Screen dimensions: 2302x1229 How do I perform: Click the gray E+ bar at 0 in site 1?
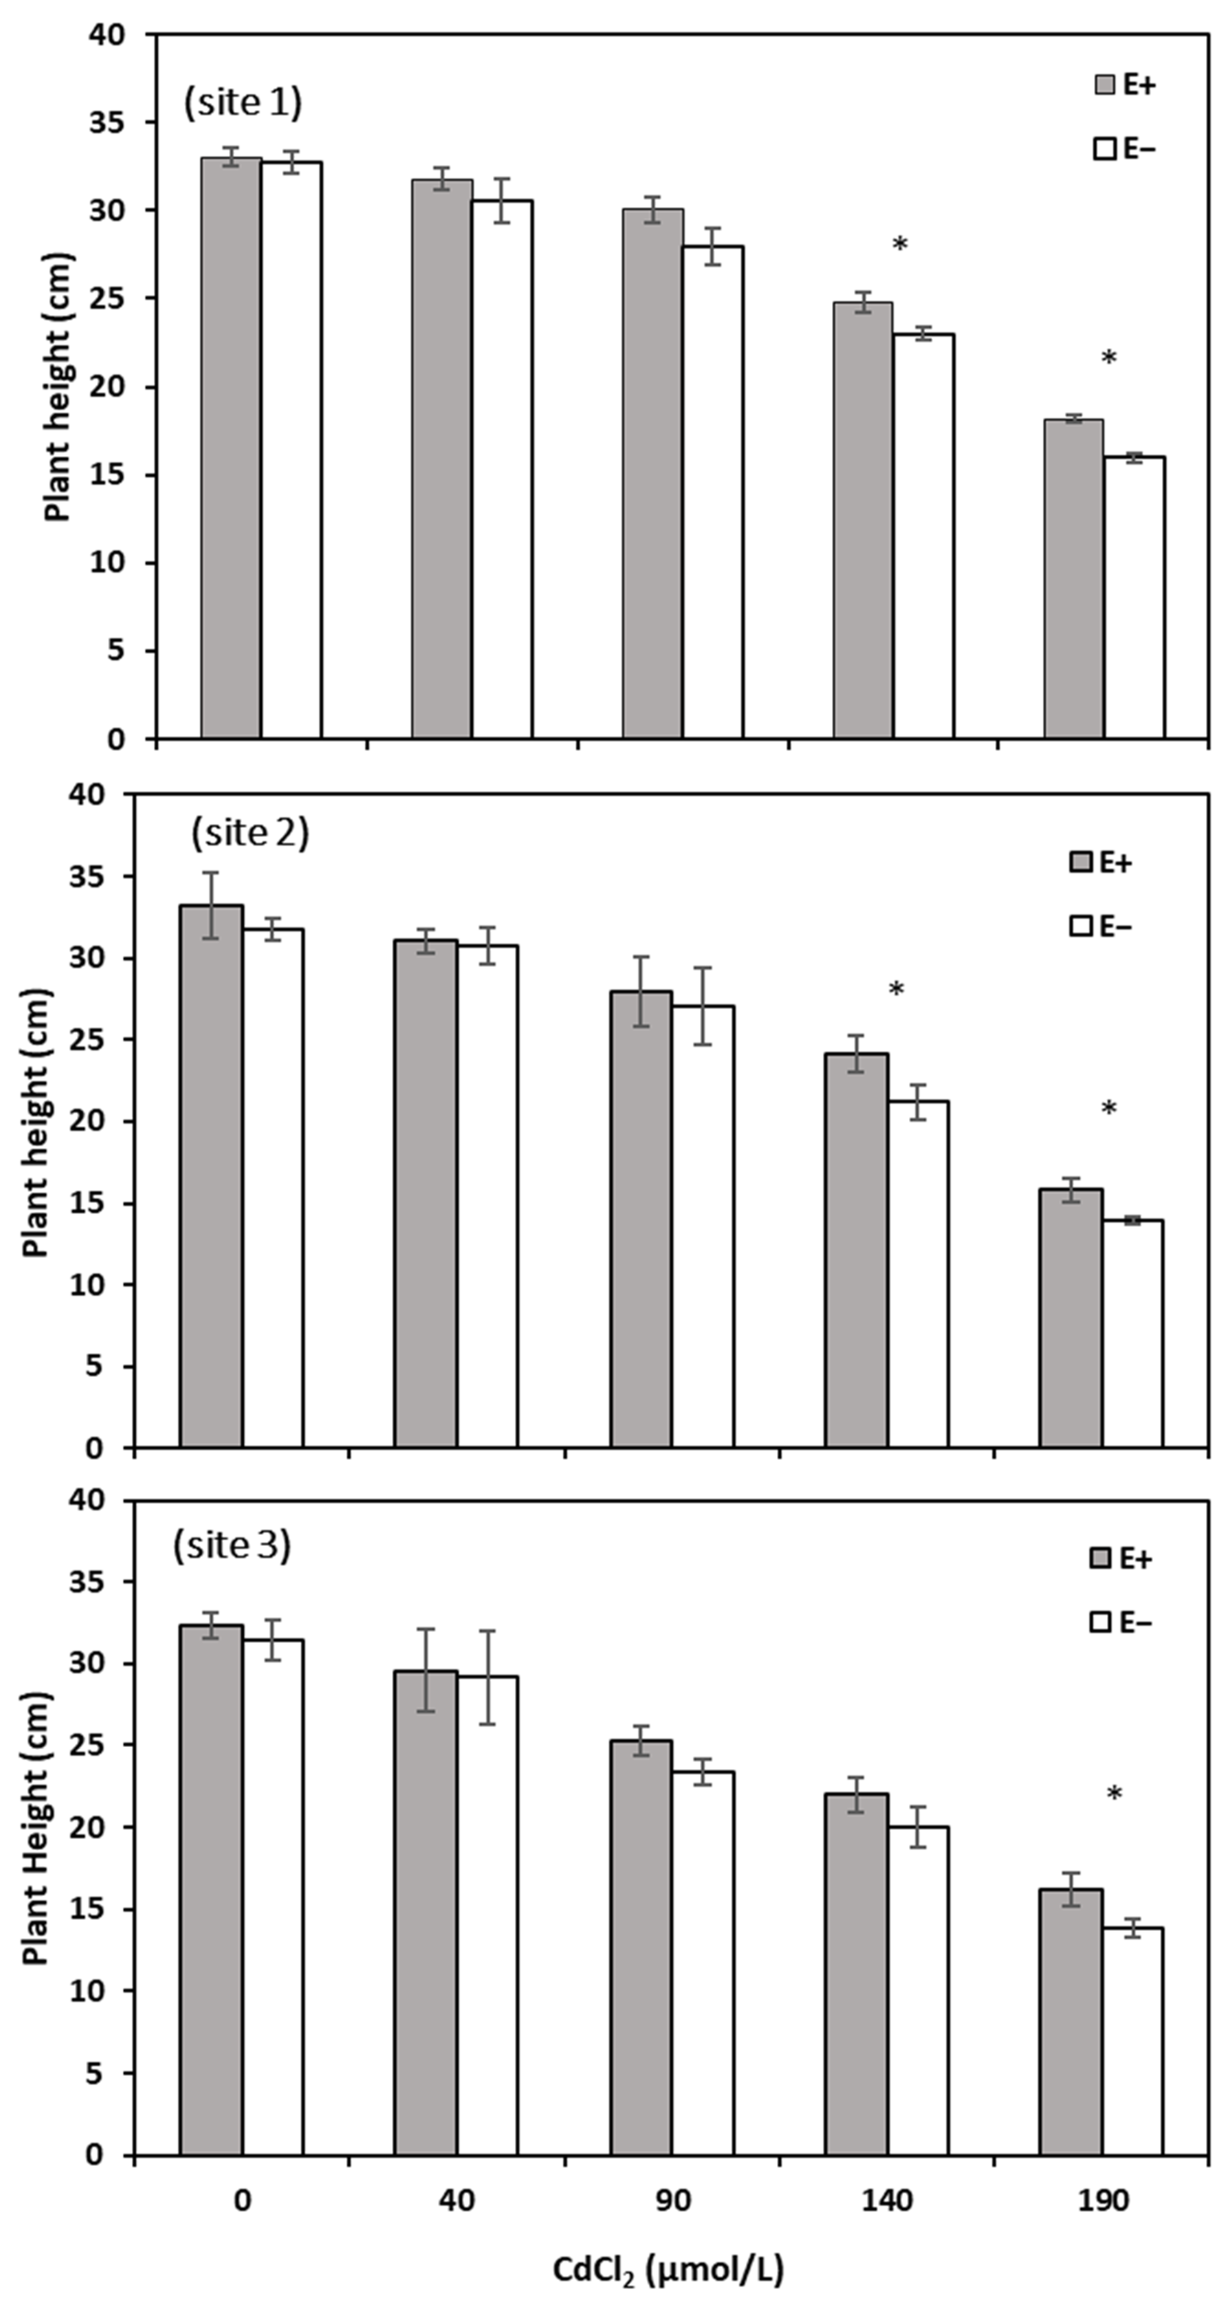[230, 447]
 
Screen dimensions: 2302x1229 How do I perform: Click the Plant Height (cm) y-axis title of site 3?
[36, 1828]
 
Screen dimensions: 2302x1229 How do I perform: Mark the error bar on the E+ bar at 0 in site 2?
[211, 905]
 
